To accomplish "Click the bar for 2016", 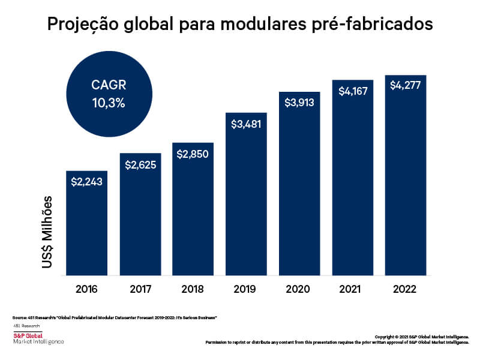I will [x=86, y=228].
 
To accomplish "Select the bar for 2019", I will [x=246, y=198].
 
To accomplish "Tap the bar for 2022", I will [x=406, y=180].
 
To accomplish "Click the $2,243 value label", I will [x=86, y=181].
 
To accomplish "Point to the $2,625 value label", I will [x=140, y=164].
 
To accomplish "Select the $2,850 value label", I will [x=193, y=154].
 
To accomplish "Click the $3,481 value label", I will [x=246, y=124].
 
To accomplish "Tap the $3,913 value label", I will [x=299, y=103].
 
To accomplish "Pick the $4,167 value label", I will [x=352, y=91].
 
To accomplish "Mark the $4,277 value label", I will [x=406, y=85].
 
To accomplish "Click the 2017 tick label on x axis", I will [x=140, y=289].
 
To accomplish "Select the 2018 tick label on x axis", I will [x=193, y=289].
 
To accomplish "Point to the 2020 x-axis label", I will [x=299, y=289].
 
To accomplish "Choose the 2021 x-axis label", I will [x=352, y=289].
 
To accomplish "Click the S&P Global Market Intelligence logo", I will [x=37, y=338].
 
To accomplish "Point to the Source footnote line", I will [x=114, y=316].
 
